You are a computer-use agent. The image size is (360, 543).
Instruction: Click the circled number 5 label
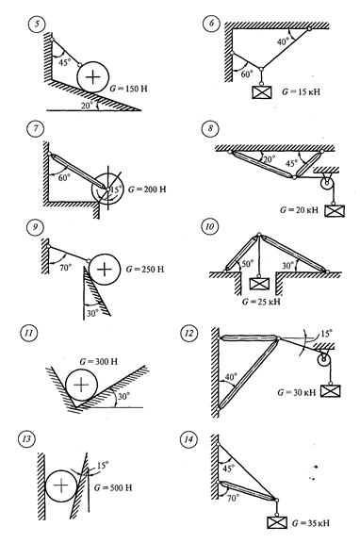point(37,25)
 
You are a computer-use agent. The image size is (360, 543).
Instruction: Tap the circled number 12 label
point(189,333)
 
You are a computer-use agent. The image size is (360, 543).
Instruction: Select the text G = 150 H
point(128,89)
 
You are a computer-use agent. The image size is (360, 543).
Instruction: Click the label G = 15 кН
point(301,92)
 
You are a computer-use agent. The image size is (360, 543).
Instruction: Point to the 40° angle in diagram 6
point(283,41)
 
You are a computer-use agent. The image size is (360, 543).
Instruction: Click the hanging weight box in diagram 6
point(262,91)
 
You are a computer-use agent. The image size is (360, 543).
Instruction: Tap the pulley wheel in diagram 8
point(326,183)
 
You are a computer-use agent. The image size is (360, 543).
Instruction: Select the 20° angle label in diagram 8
point(269,159)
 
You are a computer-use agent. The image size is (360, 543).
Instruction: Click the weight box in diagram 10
point(259,284)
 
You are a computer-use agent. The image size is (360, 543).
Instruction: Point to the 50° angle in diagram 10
point(247,264)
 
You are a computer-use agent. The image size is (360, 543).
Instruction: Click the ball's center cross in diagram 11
point(82,385)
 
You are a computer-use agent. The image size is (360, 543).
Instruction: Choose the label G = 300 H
point(99,362)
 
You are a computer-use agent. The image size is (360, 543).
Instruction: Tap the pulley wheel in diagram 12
point(324,361)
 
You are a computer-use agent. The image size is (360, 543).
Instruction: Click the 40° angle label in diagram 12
point(231,376)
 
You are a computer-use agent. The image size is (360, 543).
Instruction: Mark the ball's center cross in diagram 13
point(61,485)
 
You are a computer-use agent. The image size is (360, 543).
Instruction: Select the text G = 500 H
point(113,488)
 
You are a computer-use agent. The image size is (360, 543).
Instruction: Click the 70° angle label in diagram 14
point(234,498)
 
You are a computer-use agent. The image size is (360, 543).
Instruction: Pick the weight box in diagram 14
point(278,522)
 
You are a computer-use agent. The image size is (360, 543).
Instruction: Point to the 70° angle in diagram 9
point(66,268)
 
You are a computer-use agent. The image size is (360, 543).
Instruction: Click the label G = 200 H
point(147,189)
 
